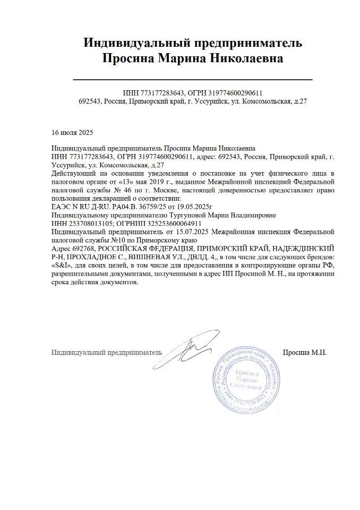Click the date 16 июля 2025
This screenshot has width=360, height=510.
pyautogui.click(x=72, y=132)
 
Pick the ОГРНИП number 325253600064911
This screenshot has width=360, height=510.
pyautogui.click(x=169, y=223)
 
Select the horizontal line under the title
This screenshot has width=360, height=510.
pyautogui.click(x=192, y=80)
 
